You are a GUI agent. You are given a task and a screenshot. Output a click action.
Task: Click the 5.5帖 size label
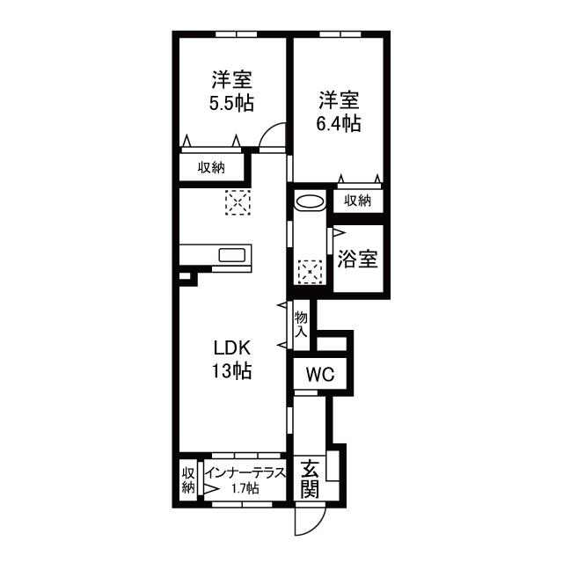click(231, 103)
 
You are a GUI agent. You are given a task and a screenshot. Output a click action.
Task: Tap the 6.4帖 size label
click(338, 123)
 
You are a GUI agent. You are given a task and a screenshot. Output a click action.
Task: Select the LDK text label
click(231, 347)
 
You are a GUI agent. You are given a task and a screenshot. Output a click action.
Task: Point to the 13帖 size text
click(231, 370)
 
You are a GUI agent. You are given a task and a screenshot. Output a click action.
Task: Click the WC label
click(320, 375)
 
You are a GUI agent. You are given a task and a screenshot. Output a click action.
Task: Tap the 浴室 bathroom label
click(358, 259)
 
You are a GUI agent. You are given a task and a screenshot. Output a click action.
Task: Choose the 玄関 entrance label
click(310, 479)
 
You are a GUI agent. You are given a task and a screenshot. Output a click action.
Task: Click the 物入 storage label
click(301, 325)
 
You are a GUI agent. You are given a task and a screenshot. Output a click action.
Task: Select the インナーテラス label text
click(245, 472)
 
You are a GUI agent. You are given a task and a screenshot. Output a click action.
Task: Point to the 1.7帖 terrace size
click(245, 488)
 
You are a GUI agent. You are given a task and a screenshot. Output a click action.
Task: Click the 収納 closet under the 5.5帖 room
click(211, 167)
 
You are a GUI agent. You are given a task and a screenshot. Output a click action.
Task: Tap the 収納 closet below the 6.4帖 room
click(358, 201)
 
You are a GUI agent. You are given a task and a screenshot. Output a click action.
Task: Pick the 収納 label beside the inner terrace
click(188, 480)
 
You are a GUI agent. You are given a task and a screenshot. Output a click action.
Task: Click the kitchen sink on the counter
click(232, 255)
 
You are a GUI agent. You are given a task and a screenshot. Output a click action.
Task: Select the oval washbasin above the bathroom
click(310, 201)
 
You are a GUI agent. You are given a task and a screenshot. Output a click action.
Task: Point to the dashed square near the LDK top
click(238, 202)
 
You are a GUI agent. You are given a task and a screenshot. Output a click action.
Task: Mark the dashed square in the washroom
click(310, 272)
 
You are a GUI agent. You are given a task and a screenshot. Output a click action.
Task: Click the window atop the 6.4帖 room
click(340, 34)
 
